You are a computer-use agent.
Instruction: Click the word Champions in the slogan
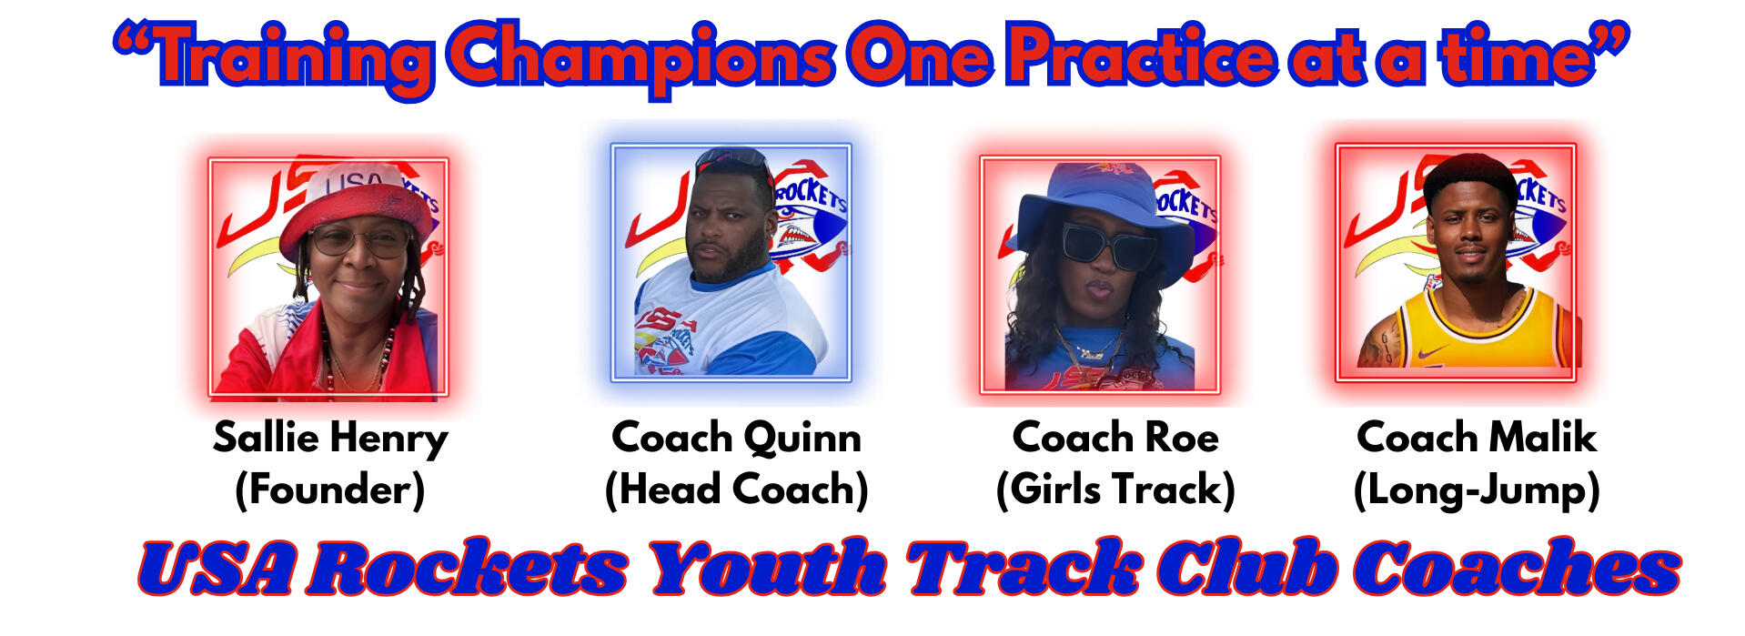[641, 57]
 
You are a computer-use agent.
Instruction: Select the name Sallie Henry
[330, 439]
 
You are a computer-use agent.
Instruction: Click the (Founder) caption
[329, 490]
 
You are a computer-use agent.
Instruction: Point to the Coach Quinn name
[736, 438]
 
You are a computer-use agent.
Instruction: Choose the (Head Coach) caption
[736, 490]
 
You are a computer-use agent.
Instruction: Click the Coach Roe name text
[1115, 438]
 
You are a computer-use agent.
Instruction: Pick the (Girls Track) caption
[1115, 490]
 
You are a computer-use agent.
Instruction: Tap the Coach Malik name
[1476, 438]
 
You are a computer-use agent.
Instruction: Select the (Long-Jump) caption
[1476, 490]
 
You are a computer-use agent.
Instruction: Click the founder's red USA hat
[356, 206]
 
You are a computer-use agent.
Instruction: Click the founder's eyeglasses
[358, 240]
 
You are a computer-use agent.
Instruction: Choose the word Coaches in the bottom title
[1517, 567]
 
